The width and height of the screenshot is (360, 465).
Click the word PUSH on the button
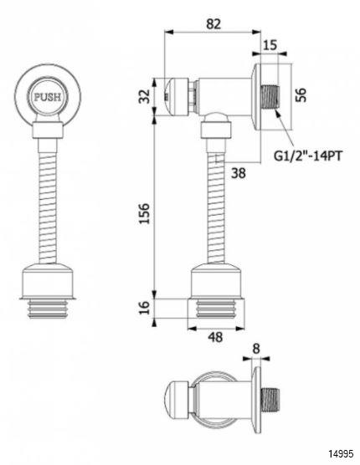(x=48, y=97)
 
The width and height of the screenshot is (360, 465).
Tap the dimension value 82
(x=213, y=24)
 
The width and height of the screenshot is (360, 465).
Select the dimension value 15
(x=270, y=45)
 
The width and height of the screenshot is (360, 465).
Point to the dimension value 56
(x=301, y=95)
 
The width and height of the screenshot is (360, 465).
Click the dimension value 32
(x=145, y=96)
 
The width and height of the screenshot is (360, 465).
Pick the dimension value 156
(x=144, y=213)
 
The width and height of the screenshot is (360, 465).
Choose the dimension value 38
(x=239, y=173)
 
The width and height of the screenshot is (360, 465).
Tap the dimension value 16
(x=144, y=308)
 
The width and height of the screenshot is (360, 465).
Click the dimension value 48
(x=215, y=337)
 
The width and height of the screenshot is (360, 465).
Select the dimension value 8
(x=256, y=349)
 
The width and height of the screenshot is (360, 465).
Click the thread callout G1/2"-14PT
(x=307, y=156)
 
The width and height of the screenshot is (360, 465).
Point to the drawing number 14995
(x=341, y=453)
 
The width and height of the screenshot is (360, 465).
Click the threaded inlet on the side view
(x=270, y=97)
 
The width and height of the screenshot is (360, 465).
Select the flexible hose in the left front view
(x=48, y=201)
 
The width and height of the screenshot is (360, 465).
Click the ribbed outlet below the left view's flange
(x=48, y=309)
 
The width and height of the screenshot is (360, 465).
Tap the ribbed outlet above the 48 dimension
(x=216, y=309)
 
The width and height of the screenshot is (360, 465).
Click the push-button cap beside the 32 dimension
(x=176, y=97)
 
